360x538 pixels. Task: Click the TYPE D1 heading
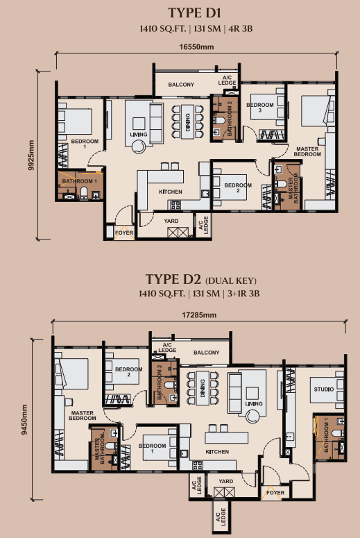point(194,13)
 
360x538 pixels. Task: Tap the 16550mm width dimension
point(196,47)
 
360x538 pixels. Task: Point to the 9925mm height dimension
point(31,155)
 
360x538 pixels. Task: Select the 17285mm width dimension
point(199,315)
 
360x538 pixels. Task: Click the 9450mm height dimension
point(24,419)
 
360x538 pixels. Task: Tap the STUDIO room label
point(324,389)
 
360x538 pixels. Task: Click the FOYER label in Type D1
point(124,233)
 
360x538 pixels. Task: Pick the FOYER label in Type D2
point(275,493)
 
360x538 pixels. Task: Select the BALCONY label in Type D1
point(181,85)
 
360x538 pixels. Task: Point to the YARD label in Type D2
point(226,481)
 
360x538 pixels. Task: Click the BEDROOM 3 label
point(260,108)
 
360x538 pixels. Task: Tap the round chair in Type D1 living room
point(139,146)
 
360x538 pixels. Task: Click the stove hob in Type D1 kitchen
point(175,205)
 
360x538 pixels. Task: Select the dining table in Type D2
point(203,388)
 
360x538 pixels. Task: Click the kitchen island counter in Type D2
point(226,437)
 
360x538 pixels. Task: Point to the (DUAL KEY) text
point(231,280)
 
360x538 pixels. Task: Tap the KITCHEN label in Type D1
point(171,192)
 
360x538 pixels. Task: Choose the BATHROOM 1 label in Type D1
point(80,180)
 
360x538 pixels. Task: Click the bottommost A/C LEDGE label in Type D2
point(221,516)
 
